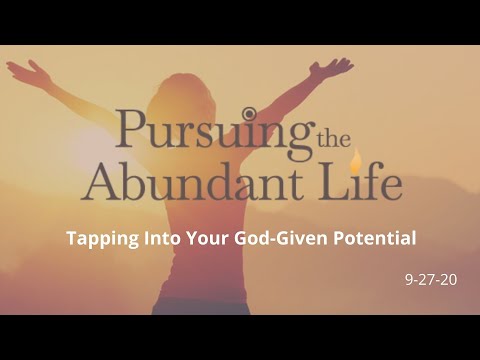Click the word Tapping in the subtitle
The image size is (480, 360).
click(98, 239)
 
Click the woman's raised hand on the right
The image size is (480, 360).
click(339, 67)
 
